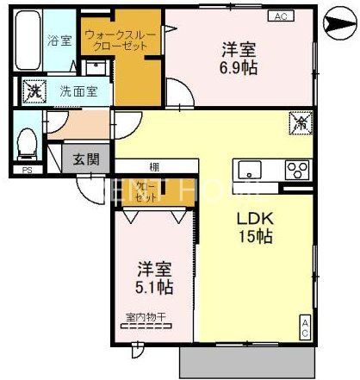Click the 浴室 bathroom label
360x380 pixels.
(x=59, y=40)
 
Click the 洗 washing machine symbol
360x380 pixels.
(x=34, y=90)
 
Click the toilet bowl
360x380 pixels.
(x=26, y=144)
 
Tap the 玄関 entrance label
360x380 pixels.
(x=84, y=159)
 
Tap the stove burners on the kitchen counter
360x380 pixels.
(x=296, y=167)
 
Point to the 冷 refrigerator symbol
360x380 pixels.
(x=301, y=124)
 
